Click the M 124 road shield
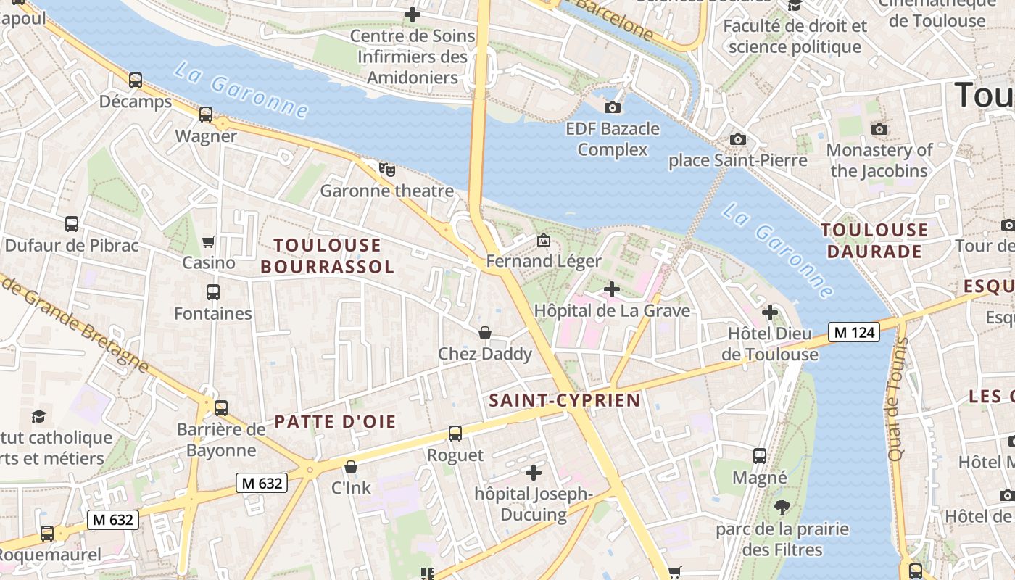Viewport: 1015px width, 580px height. [x=854, y=332]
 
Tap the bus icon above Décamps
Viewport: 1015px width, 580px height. [x=136, y=80]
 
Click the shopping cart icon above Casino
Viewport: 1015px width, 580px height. [x=209, y=241]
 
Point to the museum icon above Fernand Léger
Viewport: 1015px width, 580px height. [x=543, y=239]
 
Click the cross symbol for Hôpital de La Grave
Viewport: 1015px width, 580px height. [x=612, y=289]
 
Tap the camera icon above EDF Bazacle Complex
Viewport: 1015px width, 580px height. [x=613, y=108]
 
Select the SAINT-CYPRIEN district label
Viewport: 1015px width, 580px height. [x=565, y=400]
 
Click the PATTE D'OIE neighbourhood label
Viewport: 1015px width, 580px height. [x=335, y=422]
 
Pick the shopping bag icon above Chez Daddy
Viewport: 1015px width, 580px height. [x=485, y=333]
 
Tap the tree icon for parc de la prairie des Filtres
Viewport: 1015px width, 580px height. [x=782, y=507]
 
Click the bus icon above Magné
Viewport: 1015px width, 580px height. [x=760, y=456]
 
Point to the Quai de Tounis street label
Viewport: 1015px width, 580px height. [x=898, y=399]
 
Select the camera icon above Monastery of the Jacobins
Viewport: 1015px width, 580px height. [x=879, y=129]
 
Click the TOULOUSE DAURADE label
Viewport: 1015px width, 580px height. [x=874, y=241]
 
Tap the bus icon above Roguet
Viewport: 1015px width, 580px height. [x=455, y=434]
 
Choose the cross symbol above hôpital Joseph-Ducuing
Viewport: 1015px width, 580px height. [x=534, y=473]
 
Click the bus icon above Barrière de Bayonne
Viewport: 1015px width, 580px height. [x=221, y=407]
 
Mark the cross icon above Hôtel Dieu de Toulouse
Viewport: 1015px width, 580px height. [x=770, y=312]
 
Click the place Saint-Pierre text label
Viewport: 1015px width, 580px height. [x=738, y=160]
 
